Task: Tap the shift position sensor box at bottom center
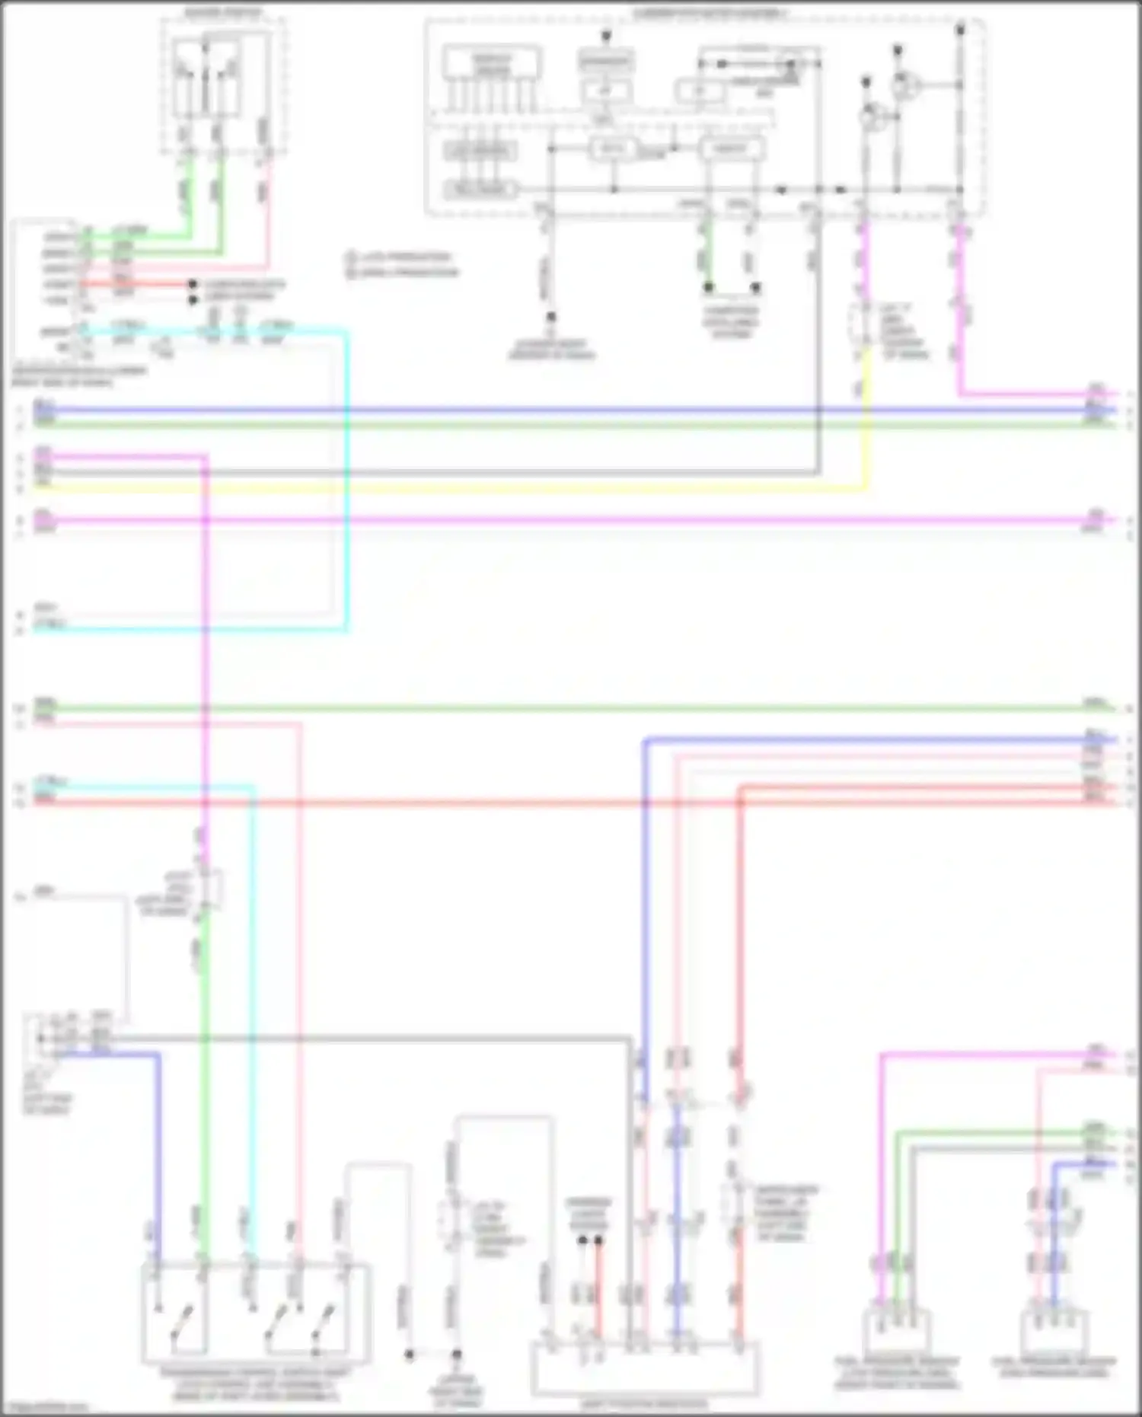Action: pyautogui.click(x=644, y=1368)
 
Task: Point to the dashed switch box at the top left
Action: pyautogui.click(x=223, y=84)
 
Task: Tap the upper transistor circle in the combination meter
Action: pyautogui.click(x=905, y=85)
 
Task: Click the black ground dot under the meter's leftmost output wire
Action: pyautogui.click(x=550, y=317)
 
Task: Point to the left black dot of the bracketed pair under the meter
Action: pyautogui.click(x=709, y=288)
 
